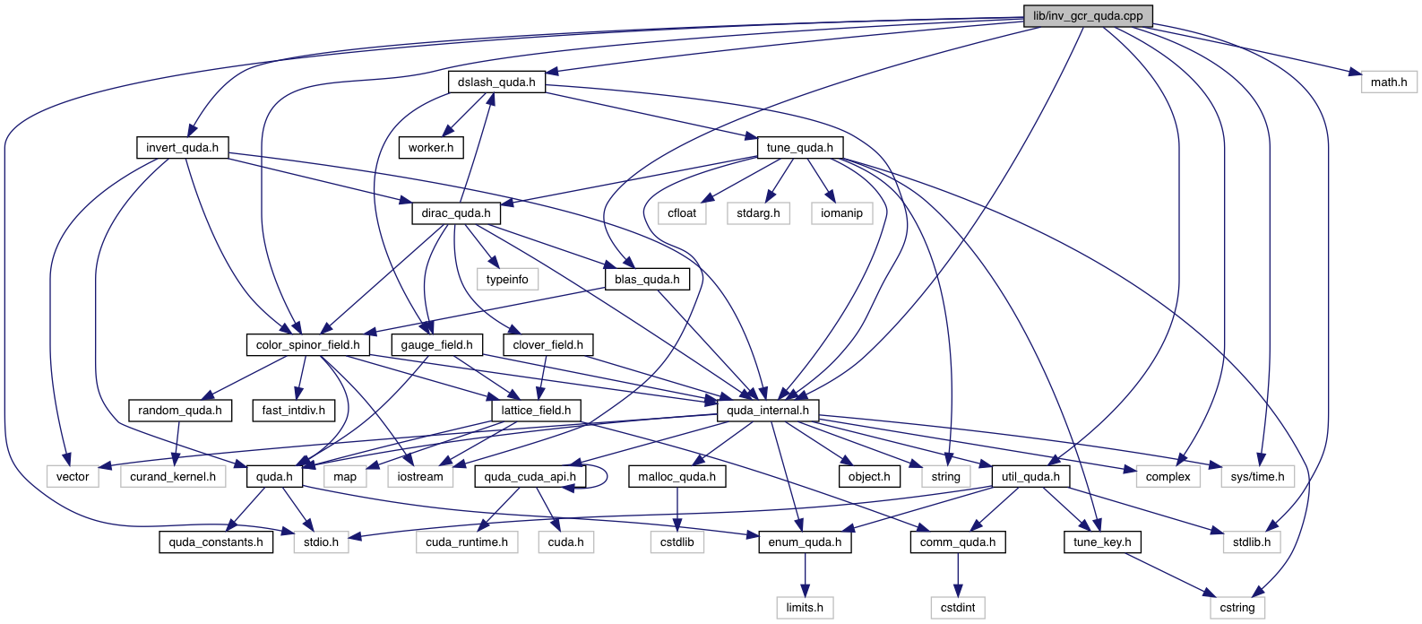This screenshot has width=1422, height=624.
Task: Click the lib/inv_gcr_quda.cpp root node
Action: [1087, 15]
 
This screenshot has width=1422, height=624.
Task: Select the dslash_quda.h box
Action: [496, 82]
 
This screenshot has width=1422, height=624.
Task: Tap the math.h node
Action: [1388, 82]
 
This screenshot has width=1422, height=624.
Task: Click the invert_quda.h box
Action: [182, 147]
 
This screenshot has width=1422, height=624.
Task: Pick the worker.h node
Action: [431, 147]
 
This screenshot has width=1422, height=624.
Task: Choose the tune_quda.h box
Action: [799, 147]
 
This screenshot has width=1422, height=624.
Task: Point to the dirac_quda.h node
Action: [456, 213]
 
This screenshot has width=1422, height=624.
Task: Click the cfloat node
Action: [682, 213]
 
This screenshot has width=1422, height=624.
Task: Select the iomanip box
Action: [841, 213]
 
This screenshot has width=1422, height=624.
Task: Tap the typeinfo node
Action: [507, 279]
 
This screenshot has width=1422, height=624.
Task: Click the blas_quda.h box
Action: [647, 279]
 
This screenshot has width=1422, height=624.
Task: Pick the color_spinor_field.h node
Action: [307, 344]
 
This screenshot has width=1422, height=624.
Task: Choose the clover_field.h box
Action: [547, 344]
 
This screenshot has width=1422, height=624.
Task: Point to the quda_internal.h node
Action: [767, 411]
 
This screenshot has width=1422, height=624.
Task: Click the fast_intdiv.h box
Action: [293, 411]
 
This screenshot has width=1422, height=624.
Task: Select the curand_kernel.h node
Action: [173, 476]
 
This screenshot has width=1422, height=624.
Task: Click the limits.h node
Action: [805, 607]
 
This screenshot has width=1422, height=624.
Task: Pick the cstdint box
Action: [958, 607]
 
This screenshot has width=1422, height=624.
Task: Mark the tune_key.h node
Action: [1102, 542]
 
